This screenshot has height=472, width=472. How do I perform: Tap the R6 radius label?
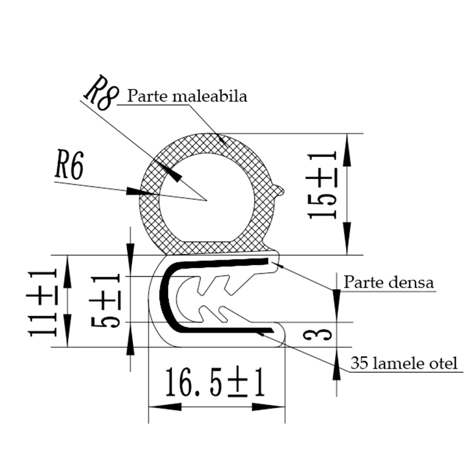tap(68, 167)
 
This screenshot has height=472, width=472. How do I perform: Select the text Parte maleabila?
tap(187, 96)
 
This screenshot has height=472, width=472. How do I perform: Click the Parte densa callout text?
tap(389, 282)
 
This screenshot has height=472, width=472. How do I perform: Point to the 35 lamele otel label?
tap(404, 363)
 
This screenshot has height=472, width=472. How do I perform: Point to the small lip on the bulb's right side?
tap(282, 189)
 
